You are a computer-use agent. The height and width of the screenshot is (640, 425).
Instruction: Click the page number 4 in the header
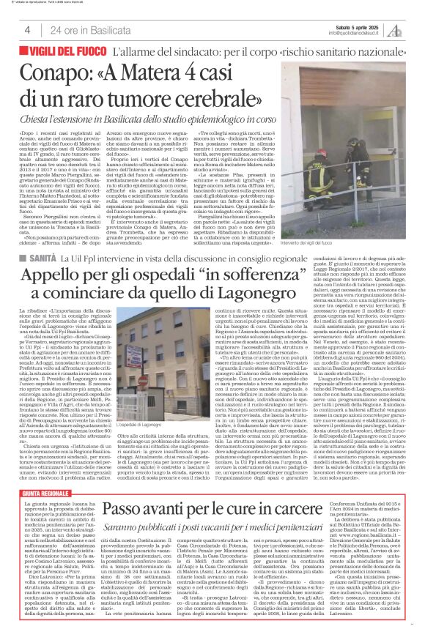pos(27,30)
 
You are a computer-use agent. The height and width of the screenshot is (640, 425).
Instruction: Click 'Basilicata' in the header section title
pos(113,30)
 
